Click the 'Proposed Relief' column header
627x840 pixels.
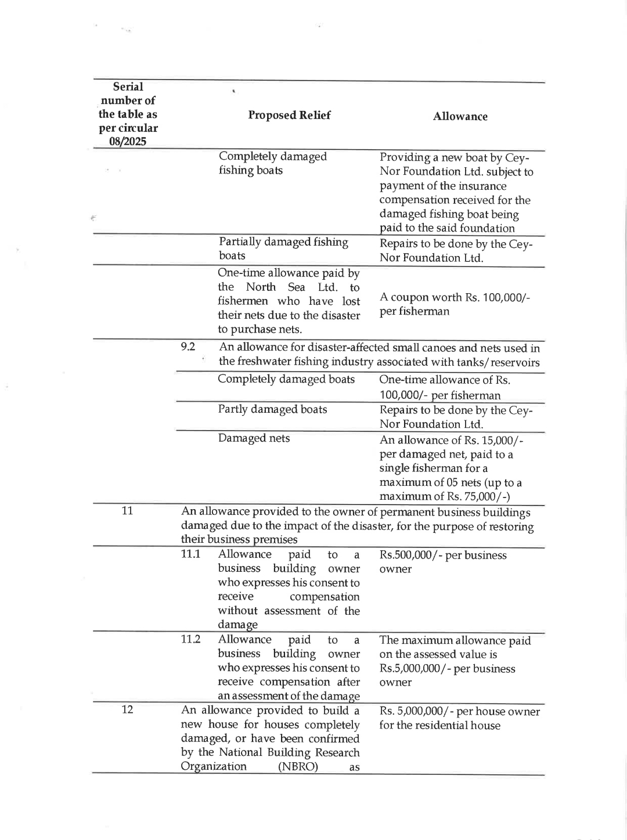point(289,115)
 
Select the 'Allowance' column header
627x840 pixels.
point(460,117)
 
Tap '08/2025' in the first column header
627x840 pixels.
point(128,141)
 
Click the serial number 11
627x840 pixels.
point(127,510)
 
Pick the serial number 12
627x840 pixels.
point(127,709)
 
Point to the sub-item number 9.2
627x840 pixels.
point(188,347)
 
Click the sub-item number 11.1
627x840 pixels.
point(190,554)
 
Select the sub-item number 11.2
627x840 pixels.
point(190,639)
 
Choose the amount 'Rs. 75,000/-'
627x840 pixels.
point(478,496)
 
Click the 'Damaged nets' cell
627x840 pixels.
point(254,438)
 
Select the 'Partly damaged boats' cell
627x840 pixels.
point(272,409)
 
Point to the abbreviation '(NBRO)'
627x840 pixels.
point(298,766)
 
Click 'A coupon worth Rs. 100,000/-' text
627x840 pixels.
point(455,297)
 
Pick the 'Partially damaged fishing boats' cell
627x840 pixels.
point(283,248)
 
